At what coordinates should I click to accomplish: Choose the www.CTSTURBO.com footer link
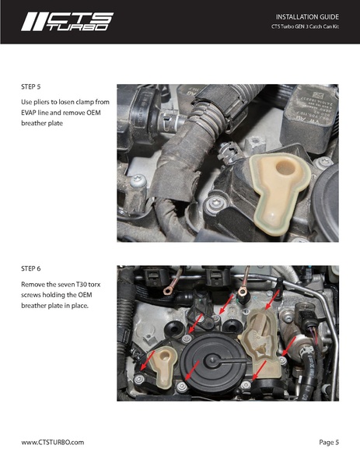[x=52, y=442]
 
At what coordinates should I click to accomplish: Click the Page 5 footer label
[x=329, y=442]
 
